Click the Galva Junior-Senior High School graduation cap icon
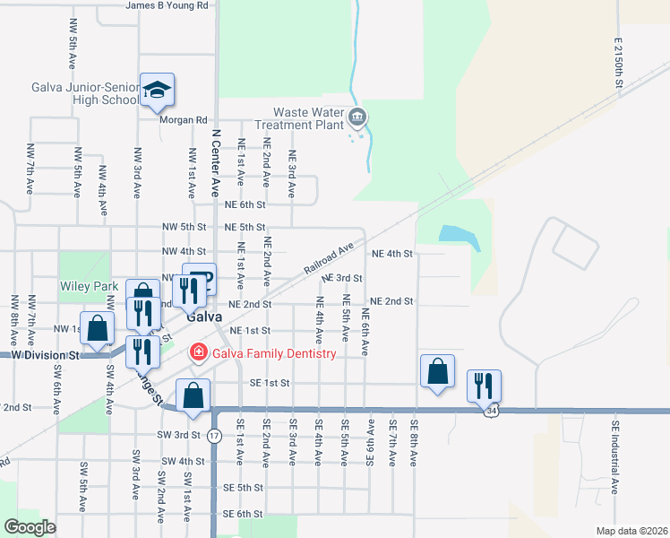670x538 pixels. [x=157, y=89]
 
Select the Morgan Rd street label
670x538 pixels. [x=183, y=119]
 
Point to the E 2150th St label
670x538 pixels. [x=618, y=63]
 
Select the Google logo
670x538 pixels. [x=29, y=527]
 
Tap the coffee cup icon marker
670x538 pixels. [x=200, y=278]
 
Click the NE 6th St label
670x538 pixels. [x=245, y=205]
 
